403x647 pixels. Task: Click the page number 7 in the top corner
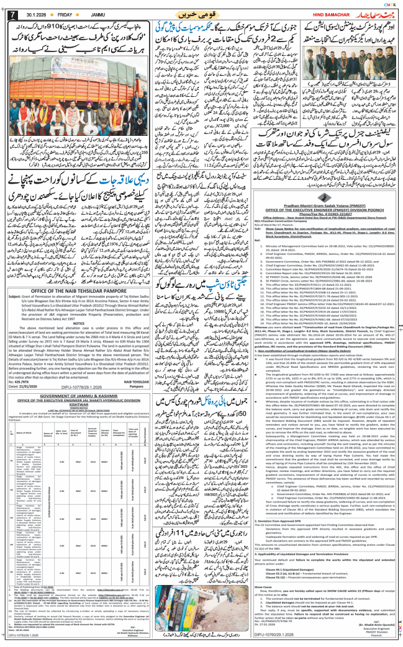(8, 14)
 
